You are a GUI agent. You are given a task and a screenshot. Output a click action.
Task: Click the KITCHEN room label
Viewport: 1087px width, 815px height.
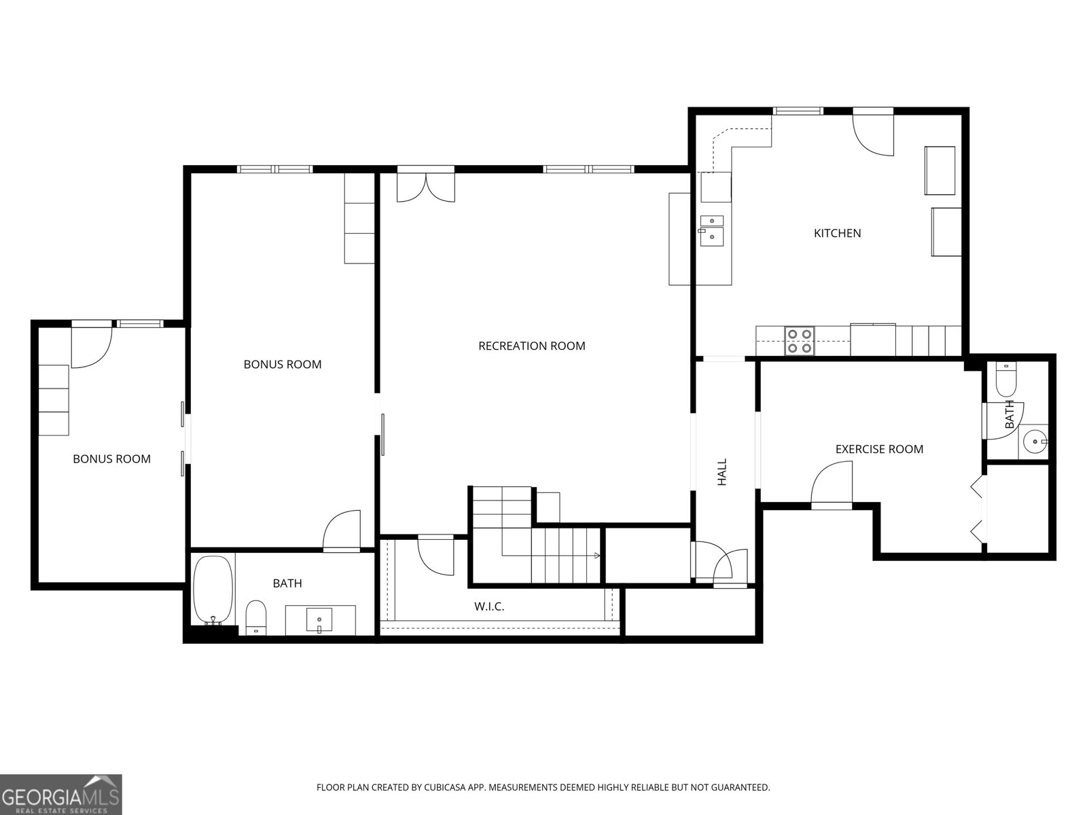point(837,233)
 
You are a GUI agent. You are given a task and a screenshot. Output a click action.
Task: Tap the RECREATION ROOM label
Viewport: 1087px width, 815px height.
point(531,346)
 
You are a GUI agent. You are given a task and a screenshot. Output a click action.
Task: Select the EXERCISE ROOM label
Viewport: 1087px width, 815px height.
point(879,450)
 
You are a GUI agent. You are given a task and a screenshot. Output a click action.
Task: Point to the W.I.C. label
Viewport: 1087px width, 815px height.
point(488,606)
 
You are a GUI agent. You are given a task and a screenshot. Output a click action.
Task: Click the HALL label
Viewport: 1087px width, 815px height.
point(722,471)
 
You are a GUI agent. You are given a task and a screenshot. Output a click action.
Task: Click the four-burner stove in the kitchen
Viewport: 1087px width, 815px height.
point(800,341)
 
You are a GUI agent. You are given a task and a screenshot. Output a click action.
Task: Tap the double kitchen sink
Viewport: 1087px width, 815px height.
point(711,231)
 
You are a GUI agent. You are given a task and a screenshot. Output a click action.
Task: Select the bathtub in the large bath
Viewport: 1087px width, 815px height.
point(213,590)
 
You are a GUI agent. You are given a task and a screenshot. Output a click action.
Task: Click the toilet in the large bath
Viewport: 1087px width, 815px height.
point(256,617)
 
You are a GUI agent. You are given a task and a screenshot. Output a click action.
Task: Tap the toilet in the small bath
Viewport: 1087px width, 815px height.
point(1005,378)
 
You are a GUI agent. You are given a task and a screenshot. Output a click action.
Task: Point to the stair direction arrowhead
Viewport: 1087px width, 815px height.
point(597,556)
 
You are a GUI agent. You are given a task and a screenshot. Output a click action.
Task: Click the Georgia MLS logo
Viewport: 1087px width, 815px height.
point(61,794)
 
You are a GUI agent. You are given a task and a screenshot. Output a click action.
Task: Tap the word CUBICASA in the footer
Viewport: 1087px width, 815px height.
point(445,787)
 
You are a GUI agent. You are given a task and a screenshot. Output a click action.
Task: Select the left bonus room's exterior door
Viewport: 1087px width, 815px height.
point(92,347)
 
